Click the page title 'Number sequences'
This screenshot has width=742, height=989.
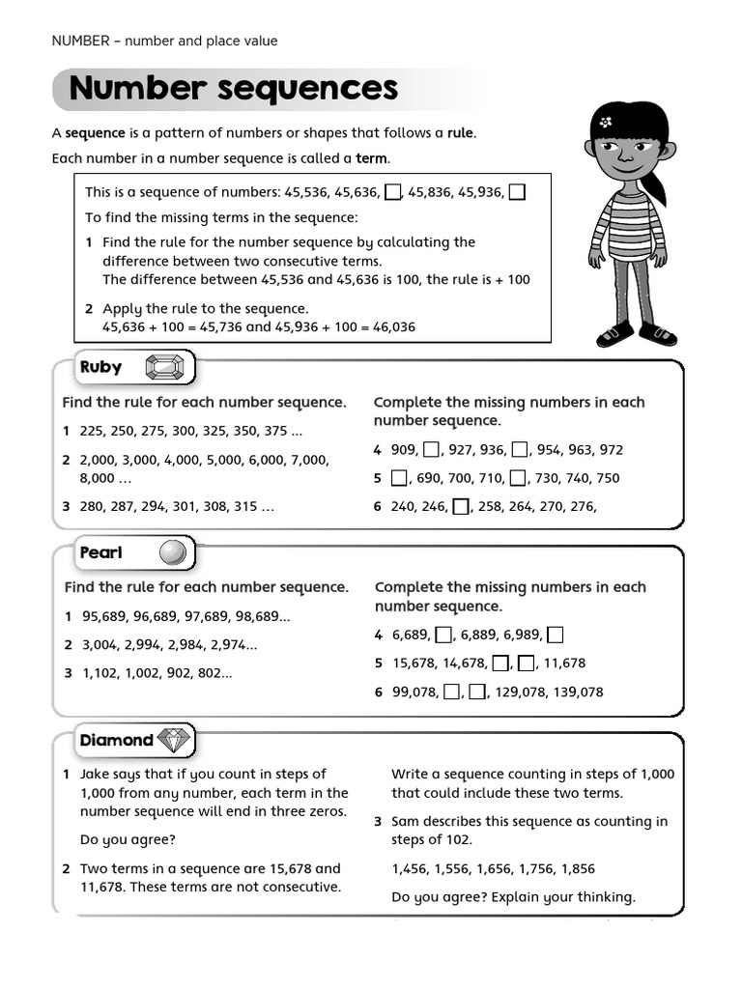[x=233, y=89]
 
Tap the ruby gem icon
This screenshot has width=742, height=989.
[x=163, y=368]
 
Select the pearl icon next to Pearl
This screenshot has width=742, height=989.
[x=172, y=552]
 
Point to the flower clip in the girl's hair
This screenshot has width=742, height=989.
[x=607, y=124]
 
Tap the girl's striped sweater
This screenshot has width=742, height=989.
[x=629, y=223]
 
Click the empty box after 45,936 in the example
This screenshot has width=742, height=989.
[x=517, y=191]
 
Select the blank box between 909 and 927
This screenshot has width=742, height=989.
[x=432, y=449]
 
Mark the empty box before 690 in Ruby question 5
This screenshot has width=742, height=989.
[x=399, y=478]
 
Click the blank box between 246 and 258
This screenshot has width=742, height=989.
[x=461, y=506]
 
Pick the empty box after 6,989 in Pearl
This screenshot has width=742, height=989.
[x=555, y=635]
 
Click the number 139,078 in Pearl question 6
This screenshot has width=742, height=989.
[x=577, y=692]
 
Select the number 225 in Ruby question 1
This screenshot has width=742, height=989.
[x=92, y=431]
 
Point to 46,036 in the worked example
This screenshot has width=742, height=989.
[x=393, y=327]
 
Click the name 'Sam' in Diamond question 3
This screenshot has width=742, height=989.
[x=406, y=822]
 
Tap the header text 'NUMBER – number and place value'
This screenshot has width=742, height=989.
[x=164, y=41]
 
